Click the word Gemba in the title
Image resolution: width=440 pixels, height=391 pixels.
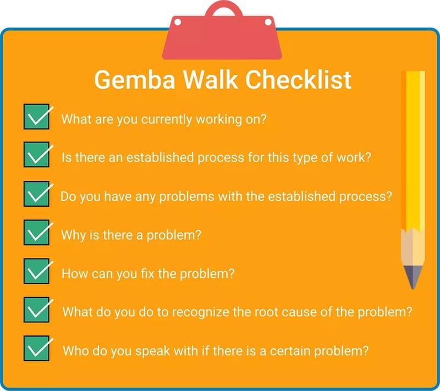tap(135, 80)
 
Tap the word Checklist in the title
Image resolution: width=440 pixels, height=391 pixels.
tap(298, 80)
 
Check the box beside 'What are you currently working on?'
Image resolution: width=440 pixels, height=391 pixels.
tap(36, 117)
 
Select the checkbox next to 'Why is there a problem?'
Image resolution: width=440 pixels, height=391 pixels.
tap(36, 232)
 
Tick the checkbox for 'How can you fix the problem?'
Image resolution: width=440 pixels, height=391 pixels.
tap(36, 271)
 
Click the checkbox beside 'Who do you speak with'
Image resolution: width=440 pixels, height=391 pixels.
tap(36, 348)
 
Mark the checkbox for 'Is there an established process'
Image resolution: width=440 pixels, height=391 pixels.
tap(36, 155)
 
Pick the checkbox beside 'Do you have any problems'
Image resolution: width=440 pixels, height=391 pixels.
tap(36, 194)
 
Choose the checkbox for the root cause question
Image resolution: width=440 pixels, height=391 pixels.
tap(36, 310)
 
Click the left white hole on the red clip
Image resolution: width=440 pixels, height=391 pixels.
tap(177, 22)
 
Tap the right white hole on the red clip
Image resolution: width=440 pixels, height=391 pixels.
tap(268, 21)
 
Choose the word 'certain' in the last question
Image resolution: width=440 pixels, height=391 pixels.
tap(290, 351)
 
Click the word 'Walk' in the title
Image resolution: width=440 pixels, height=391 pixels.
tap(211, 80)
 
